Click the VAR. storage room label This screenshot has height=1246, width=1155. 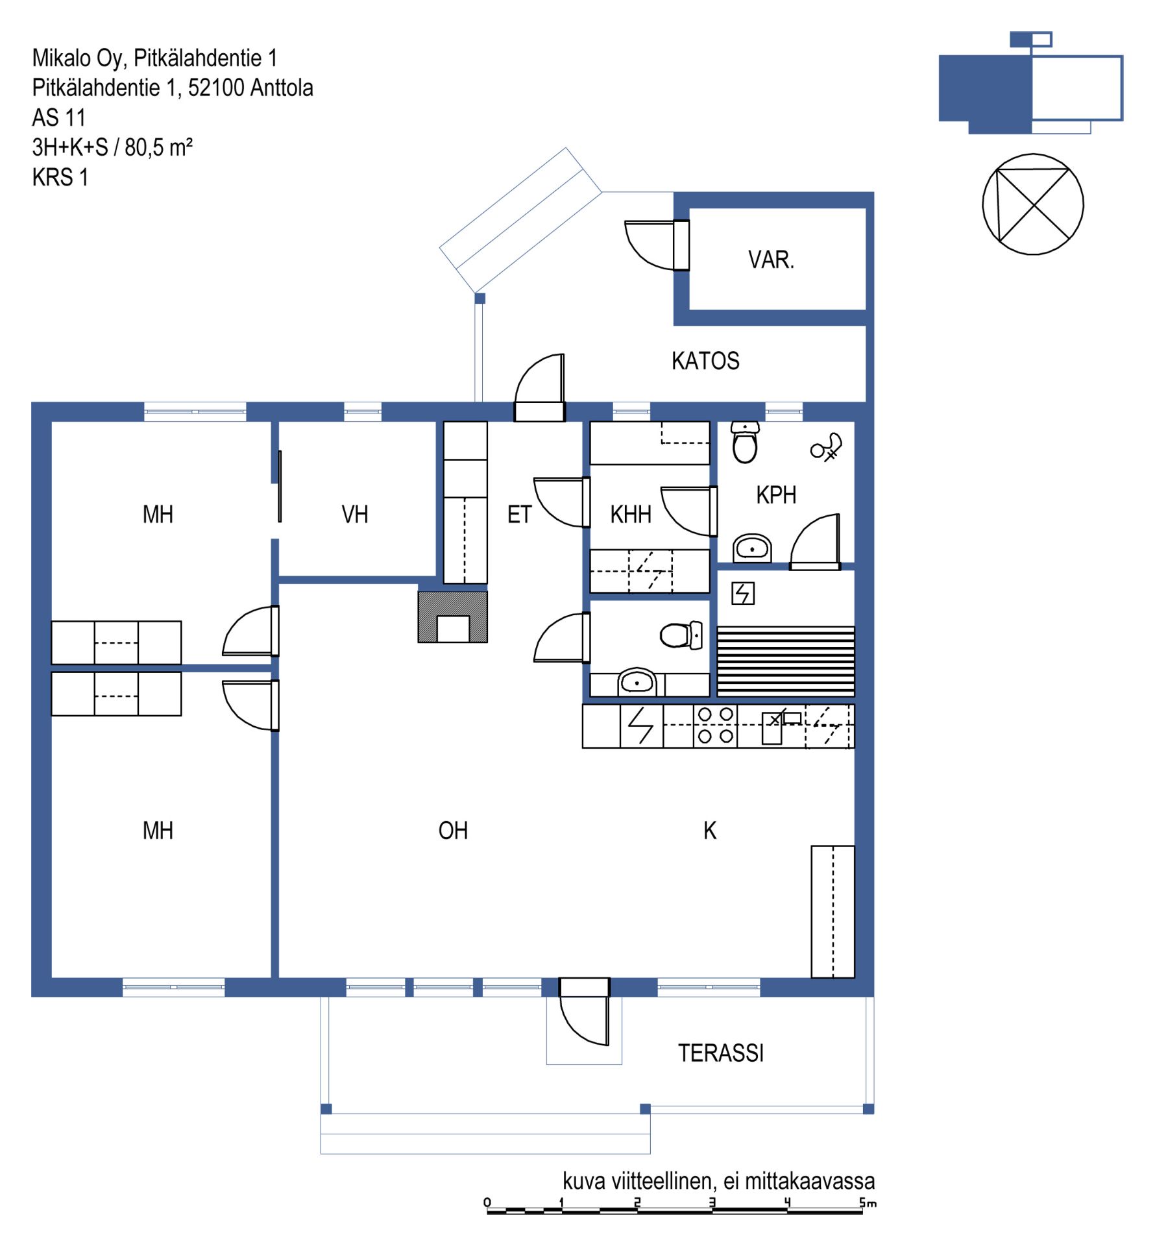[770, 260]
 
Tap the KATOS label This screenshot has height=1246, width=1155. [705, 361]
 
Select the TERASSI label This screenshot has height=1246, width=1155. [721, 1053]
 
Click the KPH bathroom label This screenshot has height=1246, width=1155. [776, 495]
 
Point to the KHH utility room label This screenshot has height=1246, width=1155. [631, 515]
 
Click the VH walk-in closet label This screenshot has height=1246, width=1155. [355, 515]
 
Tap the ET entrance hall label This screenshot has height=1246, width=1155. [519, 515]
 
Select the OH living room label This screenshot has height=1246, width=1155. [453, 831]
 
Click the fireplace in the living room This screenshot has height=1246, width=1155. [452, 617]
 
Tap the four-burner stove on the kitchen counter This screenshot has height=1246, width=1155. [715, 726]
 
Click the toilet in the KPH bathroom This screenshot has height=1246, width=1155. [745, 442]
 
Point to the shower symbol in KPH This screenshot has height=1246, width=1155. [827, 448]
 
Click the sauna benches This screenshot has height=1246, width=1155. [786, 661]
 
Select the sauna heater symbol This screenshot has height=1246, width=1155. [743, 593]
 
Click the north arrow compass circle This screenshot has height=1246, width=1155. [1033, 204]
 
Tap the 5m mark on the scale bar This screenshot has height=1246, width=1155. [868, 1203]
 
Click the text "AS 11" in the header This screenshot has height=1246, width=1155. [59, 117]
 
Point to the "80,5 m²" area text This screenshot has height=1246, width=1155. [158, 147]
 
